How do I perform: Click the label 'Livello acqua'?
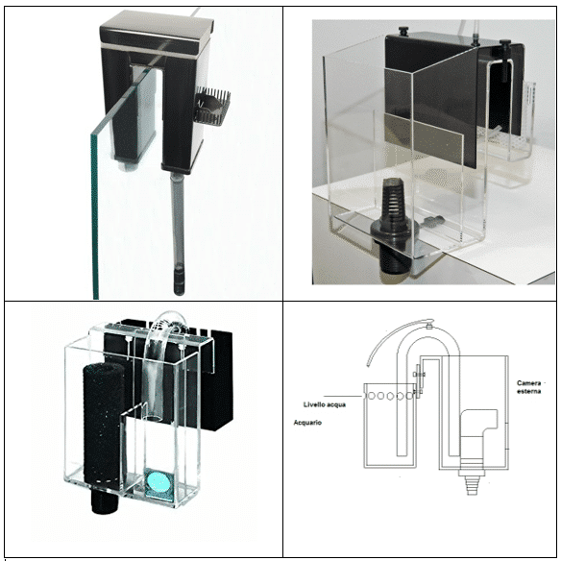325,404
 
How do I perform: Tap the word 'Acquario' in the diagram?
307,423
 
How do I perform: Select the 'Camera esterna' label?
528,387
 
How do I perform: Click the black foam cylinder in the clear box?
104,423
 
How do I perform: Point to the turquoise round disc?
159,482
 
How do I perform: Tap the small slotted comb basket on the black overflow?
212,106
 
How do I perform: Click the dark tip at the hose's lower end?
179,279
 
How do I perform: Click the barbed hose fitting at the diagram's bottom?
472,482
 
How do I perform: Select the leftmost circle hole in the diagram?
372,396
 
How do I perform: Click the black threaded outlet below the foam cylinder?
104,500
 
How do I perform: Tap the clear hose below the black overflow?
177,219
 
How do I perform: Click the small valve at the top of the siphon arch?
429,327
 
